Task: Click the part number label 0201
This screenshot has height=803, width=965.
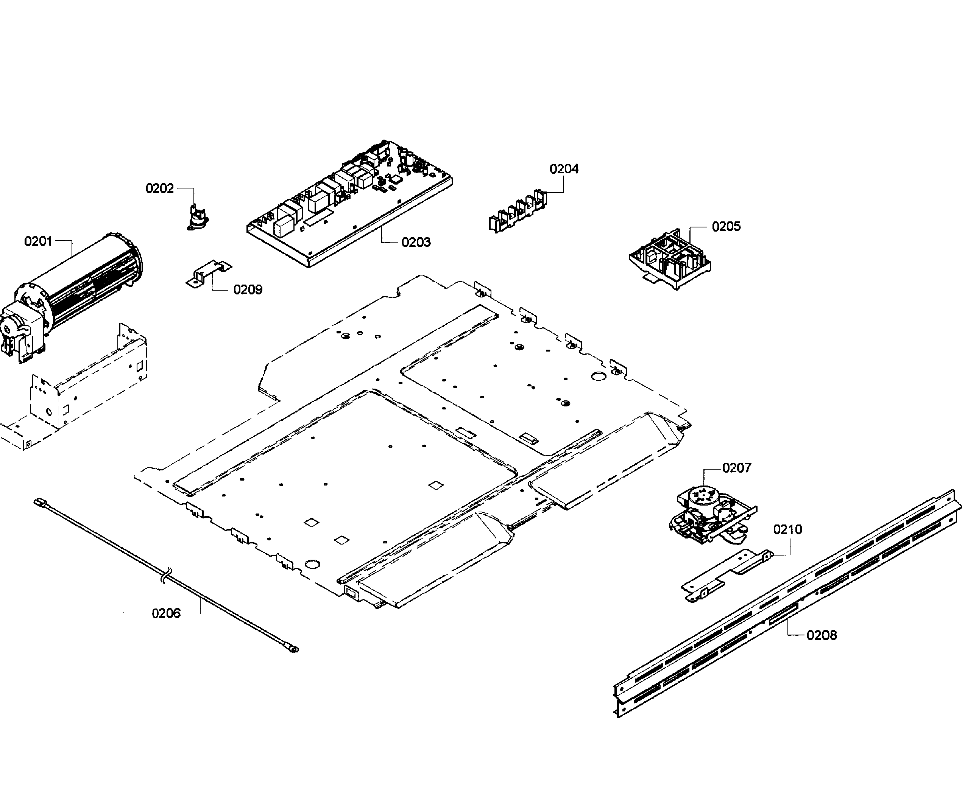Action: coord(38,241)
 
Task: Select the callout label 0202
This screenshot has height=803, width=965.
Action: coord(159,188)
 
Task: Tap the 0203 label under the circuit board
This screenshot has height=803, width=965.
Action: coord(416,243)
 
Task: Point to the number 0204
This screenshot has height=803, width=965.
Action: coord(564,169)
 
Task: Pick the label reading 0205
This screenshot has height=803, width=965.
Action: coord(726,226)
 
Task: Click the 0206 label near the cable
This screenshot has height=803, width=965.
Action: coord(166,613)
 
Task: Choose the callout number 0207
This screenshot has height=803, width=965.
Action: coord(737,468)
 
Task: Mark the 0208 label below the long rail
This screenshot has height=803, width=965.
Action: coord(822,635)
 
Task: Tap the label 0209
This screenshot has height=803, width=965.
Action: coord(248,290)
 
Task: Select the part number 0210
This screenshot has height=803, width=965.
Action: coord(787,530)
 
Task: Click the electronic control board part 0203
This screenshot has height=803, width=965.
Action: coord(349,202)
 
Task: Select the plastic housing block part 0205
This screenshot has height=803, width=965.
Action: coord(670,260)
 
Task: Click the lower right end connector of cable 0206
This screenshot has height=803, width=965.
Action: coord(292,649)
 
